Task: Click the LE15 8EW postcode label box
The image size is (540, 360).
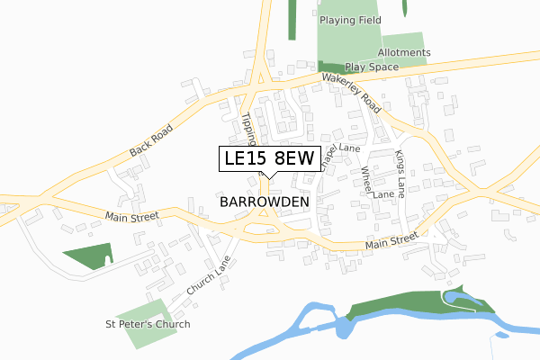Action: point(268,158)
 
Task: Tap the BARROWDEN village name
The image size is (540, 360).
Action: point(264,202)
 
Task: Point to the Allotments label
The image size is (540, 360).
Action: point(405,53)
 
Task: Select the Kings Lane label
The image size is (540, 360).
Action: point(400,170)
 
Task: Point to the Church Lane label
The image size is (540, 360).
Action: point(209,275)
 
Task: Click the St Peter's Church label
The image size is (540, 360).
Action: point(148,324)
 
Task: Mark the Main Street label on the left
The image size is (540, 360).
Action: point(131,216)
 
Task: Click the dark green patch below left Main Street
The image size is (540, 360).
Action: point(88,257)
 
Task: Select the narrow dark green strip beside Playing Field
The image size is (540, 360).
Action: point(292,20)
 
